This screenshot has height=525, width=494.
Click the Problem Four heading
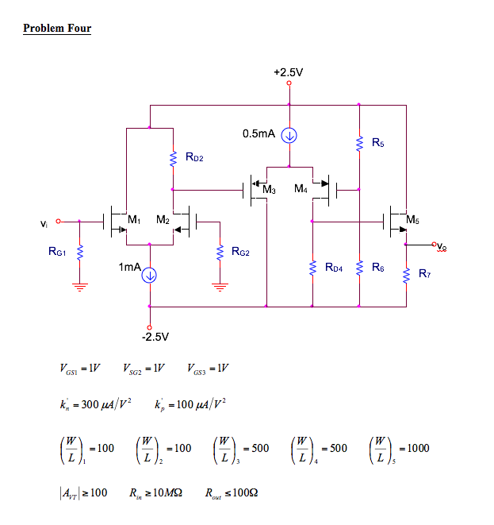click(57, 29)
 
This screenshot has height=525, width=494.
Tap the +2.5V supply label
click(289, 71)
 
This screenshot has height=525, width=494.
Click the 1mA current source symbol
click(149, 275)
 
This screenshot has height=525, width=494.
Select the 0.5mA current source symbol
click(289, 135)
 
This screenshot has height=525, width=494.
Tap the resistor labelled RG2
click(216, 253)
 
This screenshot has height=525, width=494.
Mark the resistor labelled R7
click(406, 275)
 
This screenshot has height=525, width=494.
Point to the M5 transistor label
click(412, 218)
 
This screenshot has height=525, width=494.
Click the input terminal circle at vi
click(58, 222)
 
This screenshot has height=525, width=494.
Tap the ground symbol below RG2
click(216, 286)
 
